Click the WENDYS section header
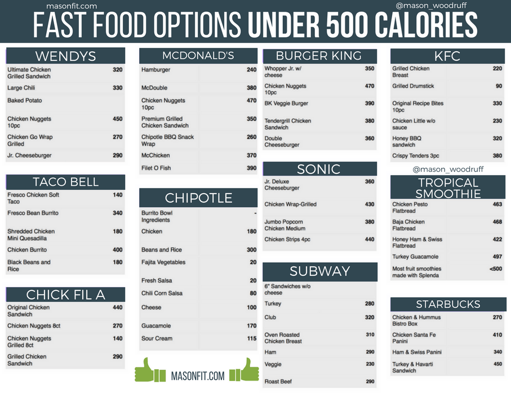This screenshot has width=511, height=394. pyautogui.click(x=65, y=56)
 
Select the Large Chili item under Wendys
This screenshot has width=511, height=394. pyautogui.click(x=21, y=88)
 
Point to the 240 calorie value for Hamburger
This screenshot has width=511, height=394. pyautogui.click(x=251, y=70)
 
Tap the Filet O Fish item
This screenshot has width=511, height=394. pyautogui.click(x=156, y=168)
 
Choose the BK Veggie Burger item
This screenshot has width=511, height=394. pyautogui.click(x=286, y=104)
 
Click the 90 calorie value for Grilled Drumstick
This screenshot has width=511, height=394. pyautogui.click(x=499, y=86)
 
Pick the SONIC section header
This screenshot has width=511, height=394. pyautogui.click(x=319, y=169)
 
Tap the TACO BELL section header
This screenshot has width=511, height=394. pyautogui.click(x=65, y=182)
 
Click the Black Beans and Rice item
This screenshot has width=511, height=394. pyautogui.click(x=29, y=266)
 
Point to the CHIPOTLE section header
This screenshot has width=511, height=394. pyautogui.click(x=198, y=198)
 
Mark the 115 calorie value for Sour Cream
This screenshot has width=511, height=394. pyautogui.click(x=251, y=338)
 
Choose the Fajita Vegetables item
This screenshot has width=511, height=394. pyautogui.click(x=163, y=262)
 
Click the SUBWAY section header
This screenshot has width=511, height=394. pyautogui.click(x=319, y=271)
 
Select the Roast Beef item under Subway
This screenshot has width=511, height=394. pyautogui.click(x=278, y=382)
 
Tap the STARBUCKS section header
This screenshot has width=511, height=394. pyautogui.click(x=448, y=305)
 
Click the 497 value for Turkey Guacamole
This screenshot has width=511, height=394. pyautogui.click(x=497, y=256)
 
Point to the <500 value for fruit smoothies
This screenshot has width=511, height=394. pyautogui.click(x=496, y=268)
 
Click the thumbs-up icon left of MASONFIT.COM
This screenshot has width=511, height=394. pyautogui.click(x=148, y=370)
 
